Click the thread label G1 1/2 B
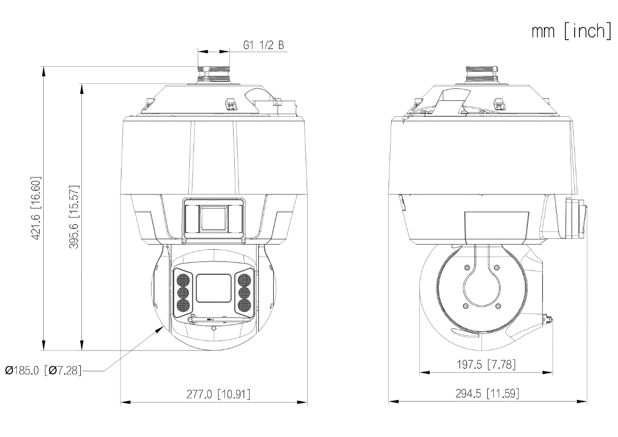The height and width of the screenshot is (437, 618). [x=264, y=45]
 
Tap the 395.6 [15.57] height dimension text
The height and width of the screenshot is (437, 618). [x=74, y=217]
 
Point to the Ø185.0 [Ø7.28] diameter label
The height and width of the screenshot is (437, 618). [x=43, y=371]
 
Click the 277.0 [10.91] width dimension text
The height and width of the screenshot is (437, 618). [x=218, y=394]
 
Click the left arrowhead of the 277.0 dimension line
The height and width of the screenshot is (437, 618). [x=124, y=402]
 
